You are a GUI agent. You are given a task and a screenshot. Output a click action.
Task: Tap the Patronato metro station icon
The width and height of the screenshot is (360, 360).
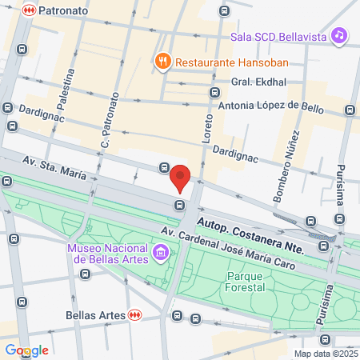(x=29, y=10)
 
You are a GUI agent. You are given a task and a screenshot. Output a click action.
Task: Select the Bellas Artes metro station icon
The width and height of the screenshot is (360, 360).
(x=135, y=315)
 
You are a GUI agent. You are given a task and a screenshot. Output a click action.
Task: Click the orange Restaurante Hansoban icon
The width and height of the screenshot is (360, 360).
(x=162, y=61)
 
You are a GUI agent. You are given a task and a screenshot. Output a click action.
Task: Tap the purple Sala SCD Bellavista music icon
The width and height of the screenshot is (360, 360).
(x=340, y=35)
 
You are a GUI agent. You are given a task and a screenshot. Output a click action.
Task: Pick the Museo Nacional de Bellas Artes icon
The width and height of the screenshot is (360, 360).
(x=162, y=254)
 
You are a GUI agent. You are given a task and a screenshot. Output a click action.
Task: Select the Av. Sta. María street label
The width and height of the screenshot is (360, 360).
(x=54, y=168)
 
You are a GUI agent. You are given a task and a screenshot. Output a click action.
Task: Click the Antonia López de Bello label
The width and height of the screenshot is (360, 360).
(x=270, y=105)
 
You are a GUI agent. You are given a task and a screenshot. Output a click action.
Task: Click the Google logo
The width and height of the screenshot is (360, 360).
(x=27, y=350)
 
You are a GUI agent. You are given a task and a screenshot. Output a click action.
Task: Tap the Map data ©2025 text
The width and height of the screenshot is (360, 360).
(x=326, y=354)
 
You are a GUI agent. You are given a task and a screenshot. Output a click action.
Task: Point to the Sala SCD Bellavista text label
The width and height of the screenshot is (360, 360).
(x=279, y=36)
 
